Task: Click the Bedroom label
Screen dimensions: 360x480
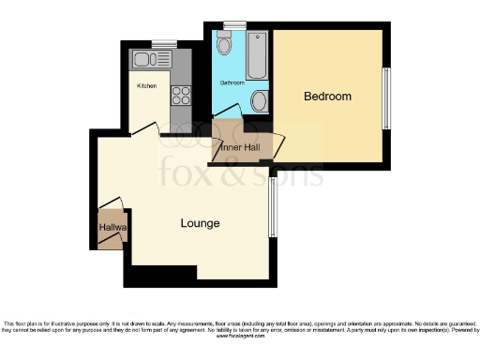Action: click(328, 97)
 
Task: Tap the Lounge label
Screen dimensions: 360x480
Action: click(201, 224)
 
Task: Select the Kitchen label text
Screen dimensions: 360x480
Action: click(146, 85)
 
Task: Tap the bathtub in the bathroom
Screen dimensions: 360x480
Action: click(257, 55)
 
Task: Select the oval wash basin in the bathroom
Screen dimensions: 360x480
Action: click(260, 101)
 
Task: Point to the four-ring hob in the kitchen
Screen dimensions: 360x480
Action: click(180, 95)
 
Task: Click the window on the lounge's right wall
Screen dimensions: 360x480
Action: click(272, 208)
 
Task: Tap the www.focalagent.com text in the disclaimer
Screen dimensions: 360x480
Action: click(239, 336)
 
